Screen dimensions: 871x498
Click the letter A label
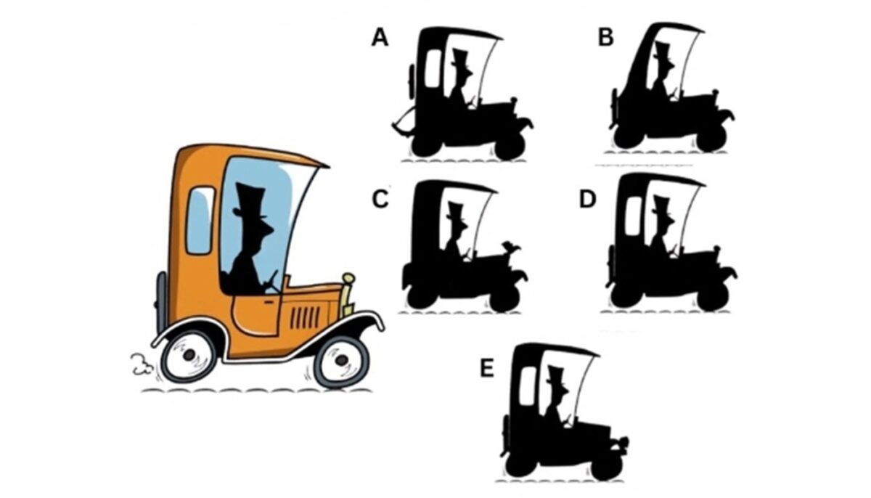tap(380, 38)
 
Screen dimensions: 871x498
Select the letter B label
tap(606, 38)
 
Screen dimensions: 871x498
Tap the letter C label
tap(380, 199)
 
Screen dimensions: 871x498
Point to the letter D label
tap(587, 199)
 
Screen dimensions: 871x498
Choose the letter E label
tap(487, 368)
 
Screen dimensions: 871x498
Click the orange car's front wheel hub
tap(342, 361)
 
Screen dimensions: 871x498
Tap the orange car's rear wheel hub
tap(189, 354)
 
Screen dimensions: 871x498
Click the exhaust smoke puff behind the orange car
tap(140, 364)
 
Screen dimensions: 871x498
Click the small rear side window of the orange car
tap(200, 221)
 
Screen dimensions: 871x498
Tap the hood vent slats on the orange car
tap(306, 317)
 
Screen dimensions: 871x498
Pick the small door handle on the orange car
tap(269, 301)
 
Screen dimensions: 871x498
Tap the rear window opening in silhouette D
tap(634, 216)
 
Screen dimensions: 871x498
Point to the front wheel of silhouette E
tap(606, 466)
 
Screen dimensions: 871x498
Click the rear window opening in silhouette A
tap(433, 68)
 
